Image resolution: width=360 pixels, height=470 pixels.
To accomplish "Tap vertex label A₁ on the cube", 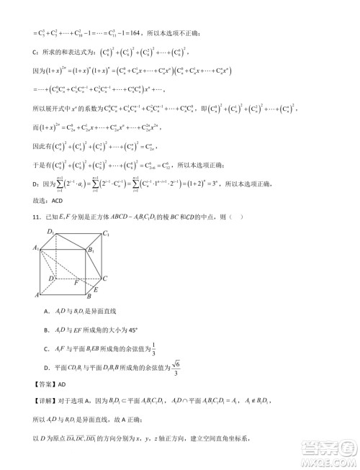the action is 35,248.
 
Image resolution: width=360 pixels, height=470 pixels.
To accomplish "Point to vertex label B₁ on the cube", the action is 91,250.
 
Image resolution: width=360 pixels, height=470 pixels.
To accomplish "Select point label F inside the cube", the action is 76,282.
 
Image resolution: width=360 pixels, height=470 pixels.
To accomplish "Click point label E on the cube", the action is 100,288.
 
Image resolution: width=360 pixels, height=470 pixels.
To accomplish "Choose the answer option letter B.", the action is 46,329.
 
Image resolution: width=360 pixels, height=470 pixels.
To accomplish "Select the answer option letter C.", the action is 46,349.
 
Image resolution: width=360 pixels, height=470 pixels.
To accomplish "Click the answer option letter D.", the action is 46,370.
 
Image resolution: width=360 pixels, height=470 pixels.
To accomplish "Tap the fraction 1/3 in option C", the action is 154,348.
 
